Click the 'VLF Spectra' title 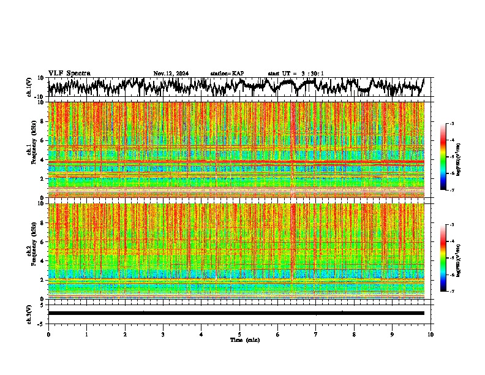pyautogui.click(x=69, y=73)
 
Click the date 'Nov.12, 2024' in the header pyautogui.click(x=171, y=74)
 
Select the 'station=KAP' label pyautogui.click(x=227, y=74)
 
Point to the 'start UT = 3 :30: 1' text pyautogui.click(x=296, y=74)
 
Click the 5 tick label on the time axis pyautogui.click(x=239, y=334)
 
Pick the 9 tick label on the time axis pyautogui.click(x=393, y=334)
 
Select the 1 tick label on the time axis pyautogui.click(x=86, y=334)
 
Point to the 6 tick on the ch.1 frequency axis pyautogui.click(x=42, y=140)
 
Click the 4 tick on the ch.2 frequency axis pyautogui.click(x=42, y=261)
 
